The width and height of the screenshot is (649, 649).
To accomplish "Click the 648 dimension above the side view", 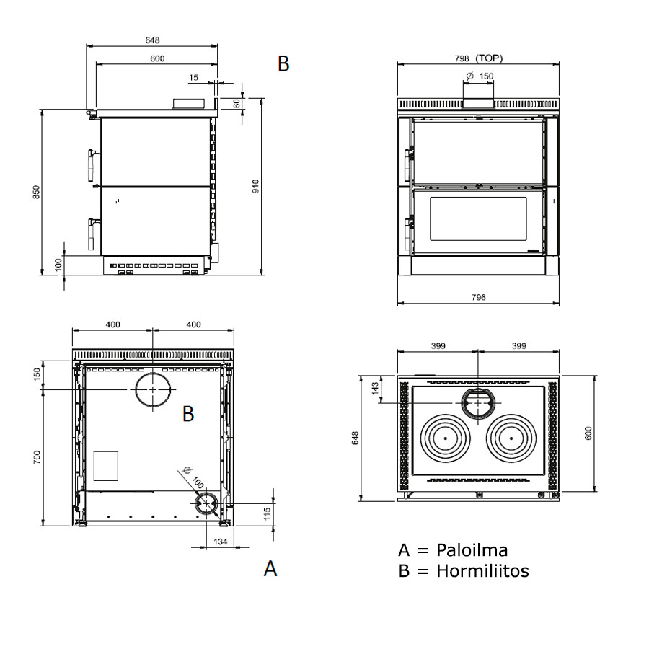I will coord(151,40).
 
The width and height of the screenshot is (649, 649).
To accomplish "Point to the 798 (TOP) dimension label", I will coord(479,58).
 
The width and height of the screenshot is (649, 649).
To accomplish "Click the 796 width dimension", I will coord(478,297).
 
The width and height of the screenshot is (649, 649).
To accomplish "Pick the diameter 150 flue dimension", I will coord(480,76).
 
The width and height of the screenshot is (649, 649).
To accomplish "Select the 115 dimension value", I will coord(267,513).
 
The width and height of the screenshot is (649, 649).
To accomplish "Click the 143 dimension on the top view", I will coord(374,388).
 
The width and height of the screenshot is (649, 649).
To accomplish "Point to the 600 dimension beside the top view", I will coord(588,433).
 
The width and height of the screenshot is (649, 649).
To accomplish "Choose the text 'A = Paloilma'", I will coord(453,550).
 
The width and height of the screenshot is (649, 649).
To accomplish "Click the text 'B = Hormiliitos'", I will coord(463,571).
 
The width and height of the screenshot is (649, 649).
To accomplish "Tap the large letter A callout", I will coord(270,568).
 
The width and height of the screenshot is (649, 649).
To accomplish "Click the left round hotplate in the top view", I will coord(446,438).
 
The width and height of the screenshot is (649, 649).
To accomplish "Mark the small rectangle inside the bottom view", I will coord(105,466).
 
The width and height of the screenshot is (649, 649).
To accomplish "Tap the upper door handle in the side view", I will coord(91,164).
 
